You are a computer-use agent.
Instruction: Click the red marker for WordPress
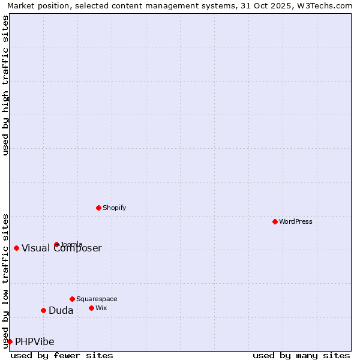[275, 221]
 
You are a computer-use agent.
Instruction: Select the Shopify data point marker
[98, 208]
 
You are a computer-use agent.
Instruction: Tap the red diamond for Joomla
[57, 244]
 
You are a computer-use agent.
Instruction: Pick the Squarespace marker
[72, 299]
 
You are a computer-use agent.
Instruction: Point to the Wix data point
[91, 308]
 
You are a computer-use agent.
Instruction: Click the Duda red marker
[43, 310]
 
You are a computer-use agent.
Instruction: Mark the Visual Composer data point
[16, 248]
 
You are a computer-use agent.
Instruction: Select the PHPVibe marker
[10, 341]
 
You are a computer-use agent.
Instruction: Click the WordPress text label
[296, 221]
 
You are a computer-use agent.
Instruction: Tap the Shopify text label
[114, 208]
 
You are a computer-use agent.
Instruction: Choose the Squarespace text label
[97, 299]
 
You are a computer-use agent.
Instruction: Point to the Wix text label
[101, 308]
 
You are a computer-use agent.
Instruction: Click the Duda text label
[61, 310]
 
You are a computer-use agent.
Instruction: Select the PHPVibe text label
[35, 341]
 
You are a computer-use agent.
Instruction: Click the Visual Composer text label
[62, 248]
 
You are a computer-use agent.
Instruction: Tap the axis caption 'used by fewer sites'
[62, 355]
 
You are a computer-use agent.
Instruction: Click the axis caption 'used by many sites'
[301, 355]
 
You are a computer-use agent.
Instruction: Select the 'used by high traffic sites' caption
[5, 85]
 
